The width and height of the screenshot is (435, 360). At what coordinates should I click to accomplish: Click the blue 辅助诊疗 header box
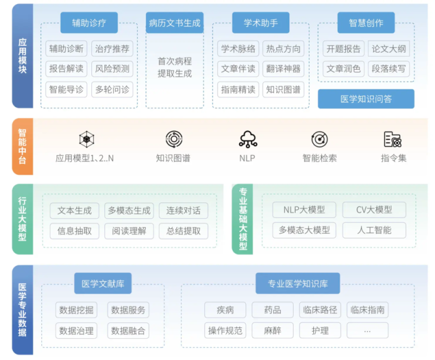[x=89, y=23]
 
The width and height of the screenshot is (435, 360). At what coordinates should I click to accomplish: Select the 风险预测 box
[x=112, y=69]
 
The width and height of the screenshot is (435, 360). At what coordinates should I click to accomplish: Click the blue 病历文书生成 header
[x=175, y=23]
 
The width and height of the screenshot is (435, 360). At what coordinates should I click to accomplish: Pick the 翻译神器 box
[x=283, y=69]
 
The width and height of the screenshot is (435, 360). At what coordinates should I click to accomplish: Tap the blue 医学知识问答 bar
[x=366, y=99]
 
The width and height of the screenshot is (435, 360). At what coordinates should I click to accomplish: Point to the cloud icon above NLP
[x=247, y=140]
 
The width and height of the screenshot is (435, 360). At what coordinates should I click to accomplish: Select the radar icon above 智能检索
[x=320, y=140]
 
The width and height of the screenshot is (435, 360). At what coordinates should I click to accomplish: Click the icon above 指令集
[x=393, y=140]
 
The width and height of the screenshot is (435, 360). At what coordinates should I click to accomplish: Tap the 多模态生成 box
[x=129, y=210]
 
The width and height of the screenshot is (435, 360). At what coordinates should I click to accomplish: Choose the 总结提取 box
[x=184, y=231]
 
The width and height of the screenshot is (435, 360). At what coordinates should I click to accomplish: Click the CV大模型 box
[x=374, y=209]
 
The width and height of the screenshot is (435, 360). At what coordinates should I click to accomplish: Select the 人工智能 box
[x=374, y=229]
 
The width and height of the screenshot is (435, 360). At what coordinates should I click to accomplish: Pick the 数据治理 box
[x=76, y=330]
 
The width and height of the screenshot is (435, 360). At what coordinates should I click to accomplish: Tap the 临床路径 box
[x=321, y=310]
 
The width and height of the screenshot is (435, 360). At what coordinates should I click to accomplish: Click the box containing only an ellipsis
[x=368, y=330]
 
